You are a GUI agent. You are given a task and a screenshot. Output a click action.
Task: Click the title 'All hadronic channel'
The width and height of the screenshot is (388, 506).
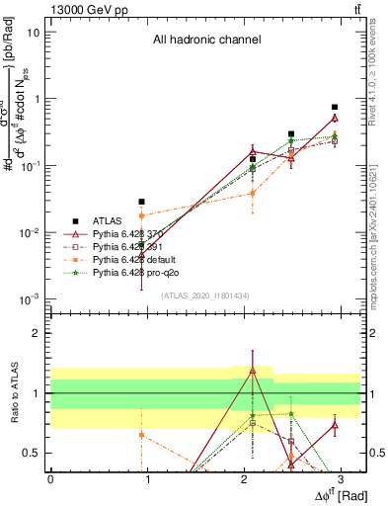[206, 41]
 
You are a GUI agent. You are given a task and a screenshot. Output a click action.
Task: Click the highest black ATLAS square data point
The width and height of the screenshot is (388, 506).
[335, 107]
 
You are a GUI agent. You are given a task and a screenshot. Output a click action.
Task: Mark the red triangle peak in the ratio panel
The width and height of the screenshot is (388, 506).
[253, 371]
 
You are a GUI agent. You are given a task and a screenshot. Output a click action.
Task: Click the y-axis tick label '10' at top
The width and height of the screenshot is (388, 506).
[34, 32]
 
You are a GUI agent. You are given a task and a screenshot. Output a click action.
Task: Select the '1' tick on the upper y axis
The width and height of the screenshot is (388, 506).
[38, 99]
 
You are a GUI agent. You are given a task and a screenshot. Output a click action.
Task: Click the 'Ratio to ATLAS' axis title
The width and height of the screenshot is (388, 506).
[12, 394]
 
